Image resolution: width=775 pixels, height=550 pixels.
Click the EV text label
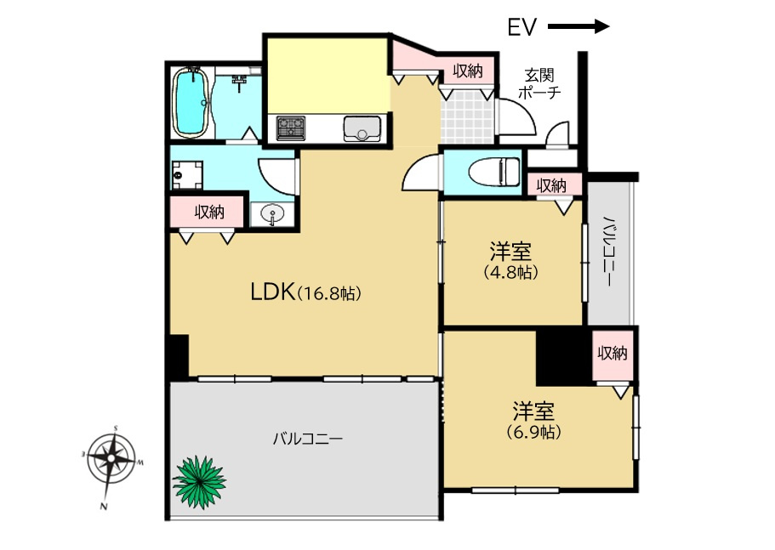point(522,27)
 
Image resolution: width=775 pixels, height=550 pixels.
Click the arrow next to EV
point(578,26)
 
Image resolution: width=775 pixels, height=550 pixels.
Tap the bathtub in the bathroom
point(191,102)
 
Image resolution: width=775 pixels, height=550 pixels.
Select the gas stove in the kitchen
point(291,128)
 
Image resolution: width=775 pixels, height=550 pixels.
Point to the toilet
point(495,172)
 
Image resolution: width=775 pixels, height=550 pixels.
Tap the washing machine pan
point(187,175)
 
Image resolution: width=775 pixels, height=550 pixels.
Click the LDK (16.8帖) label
point(306,292)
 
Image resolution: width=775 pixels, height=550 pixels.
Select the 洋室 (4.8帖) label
point(510,261)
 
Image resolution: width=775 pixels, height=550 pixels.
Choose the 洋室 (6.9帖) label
point(533,421)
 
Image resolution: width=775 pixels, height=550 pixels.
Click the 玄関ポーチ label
point(539,84)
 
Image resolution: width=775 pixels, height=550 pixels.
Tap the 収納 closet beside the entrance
point(468,71)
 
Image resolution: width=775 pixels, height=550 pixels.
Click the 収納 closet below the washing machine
point(209,212)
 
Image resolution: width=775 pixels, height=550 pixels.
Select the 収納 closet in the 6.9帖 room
point(613,353)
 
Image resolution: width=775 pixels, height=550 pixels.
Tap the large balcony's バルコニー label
point(308,438)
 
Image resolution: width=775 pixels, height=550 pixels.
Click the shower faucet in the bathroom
point(239,82)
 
